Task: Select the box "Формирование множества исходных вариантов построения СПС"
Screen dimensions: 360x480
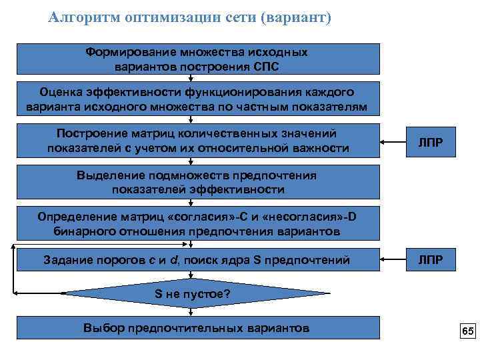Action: (x=197, y=59)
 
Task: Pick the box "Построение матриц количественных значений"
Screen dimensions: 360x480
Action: (x=197, y=141)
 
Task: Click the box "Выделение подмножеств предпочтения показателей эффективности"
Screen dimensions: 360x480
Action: (x=197, y=183)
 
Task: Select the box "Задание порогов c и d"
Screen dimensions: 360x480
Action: (x=197, y=259)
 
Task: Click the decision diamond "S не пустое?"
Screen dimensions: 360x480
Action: (x=197, y=294)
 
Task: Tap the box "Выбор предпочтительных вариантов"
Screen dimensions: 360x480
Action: (x=197, y=327)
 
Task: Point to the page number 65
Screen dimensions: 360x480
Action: (x=467, y=331)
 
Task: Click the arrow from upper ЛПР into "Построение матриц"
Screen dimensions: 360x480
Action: (x=394, y=141)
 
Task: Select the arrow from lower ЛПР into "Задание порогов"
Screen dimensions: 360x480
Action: (x=394, y=259)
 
